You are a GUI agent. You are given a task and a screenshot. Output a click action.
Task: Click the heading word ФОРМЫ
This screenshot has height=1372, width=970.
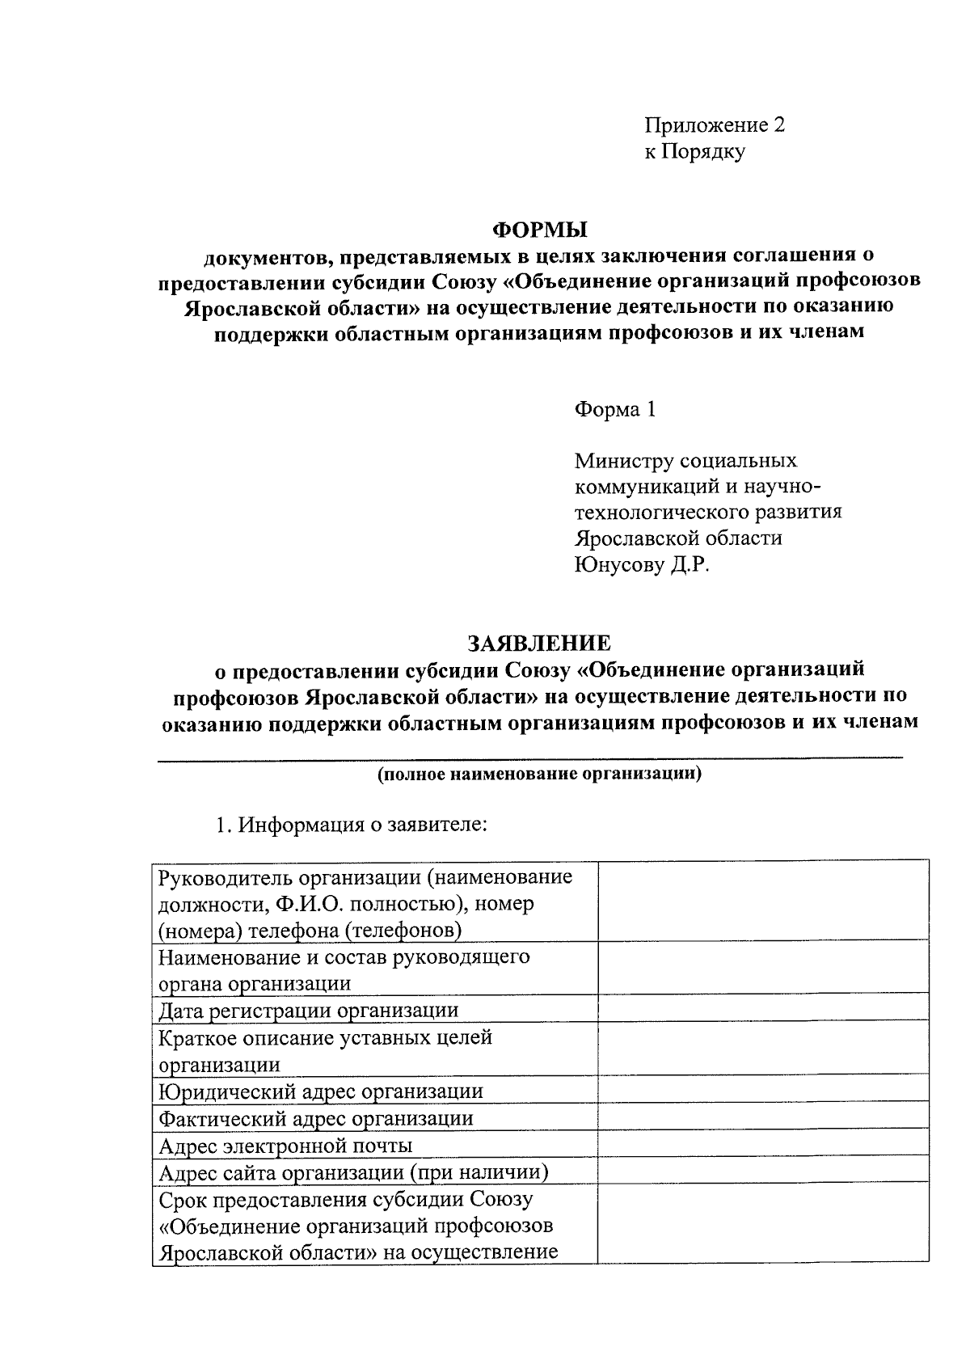tap(540, 229)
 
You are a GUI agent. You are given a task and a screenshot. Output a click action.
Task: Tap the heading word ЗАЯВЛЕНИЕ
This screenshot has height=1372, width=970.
tap(539, 644)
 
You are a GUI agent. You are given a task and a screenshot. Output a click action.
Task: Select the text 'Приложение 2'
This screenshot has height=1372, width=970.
tap(715, 125)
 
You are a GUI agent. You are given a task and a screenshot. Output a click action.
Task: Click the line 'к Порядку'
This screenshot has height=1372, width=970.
tap(694, 151)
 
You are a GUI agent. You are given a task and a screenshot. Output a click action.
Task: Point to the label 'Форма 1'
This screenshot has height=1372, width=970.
tap(614, 410)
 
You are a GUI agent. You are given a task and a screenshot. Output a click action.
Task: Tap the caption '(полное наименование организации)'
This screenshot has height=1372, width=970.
tap(539, 774)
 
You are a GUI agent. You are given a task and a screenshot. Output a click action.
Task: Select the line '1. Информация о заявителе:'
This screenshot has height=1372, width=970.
tap(348, 825)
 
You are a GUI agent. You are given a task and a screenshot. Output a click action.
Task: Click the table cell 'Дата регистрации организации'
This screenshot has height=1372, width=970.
tap(308, 1011)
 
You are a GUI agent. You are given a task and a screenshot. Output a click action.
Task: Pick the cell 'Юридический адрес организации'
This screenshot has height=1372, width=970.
tap(321, 1091)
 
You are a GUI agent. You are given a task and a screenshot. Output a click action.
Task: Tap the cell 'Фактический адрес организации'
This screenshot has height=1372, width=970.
tap(316, 1119)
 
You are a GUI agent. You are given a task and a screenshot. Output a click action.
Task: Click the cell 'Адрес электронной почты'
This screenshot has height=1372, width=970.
tap(285, 1146)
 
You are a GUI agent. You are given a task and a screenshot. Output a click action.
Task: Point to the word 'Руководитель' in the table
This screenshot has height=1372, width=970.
tap(224, 877)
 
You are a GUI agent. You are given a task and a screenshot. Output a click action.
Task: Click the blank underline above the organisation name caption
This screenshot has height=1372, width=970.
tap(529, 758)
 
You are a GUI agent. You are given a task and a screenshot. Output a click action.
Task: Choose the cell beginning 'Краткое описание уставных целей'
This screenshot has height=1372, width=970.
tap(325, 1050)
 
